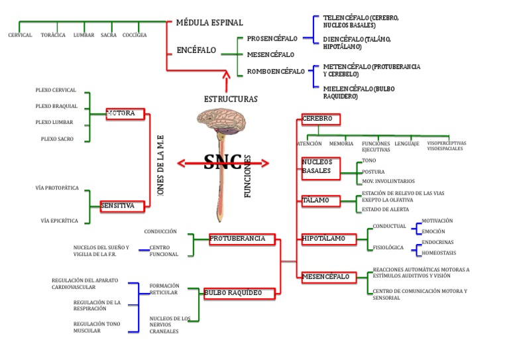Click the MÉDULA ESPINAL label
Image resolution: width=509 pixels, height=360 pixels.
pos(209,23)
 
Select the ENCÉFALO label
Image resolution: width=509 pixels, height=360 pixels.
pos(196,50)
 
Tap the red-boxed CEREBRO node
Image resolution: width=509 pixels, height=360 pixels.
pos(321,119)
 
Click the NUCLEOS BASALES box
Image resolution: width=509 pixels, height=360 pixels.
pos(321,166)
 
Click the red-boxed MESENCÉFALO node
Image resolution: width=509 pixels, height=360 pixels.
pos(325,276)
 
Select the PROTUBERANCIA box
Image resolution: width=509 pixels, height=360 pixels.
pos(237,239)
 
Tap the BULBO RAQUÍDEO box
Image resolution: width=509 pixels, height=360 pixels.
pos(233,293)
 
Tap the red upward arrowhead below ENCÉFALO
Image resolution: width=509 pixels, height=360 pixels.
pos(227,78)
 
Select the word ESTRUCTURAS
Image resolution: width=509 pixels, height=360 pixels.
pos(230,99)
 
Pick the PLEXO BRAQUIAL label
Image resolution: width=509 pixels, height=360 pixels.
pos(56,106)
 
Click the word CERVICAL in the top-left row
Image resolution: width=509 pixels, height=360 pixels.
pos(20,35)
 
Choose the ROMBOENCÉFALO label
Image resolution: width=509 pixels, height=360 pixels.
pos(276,72)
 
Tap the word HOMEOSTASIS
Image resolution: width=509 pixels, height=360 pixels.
pos(438,253)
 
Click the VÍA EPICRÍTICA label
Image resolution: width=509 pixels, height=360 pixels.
pos(59,220)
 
